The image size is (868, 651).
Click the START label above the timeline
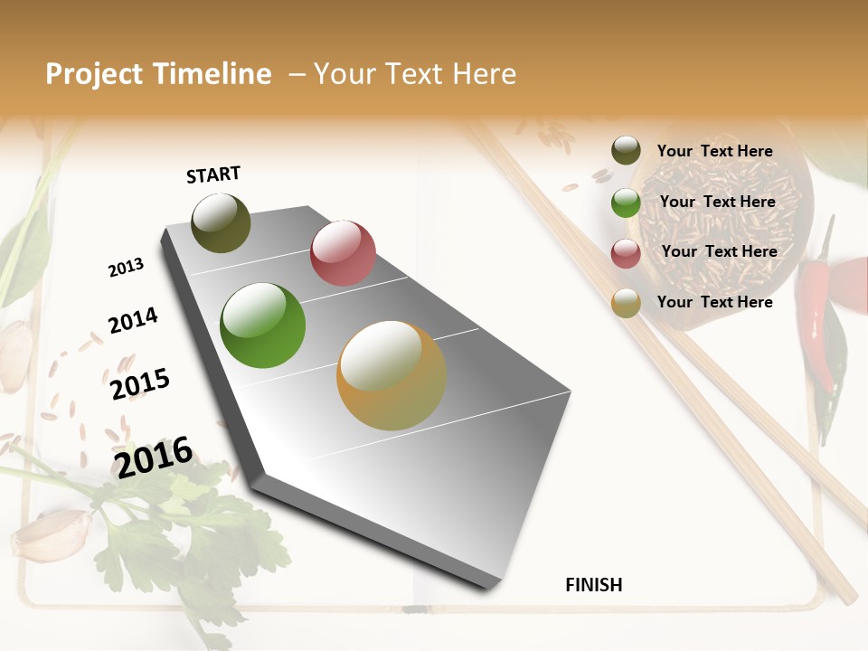coord(213,175)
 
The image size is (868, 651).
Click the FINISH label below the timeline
coord(593,585)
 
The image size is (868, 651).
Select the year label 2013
coord(126,268)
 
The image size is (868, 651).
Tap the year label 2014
coord(133,321)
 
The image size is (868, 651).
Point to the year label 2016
coord(154,457)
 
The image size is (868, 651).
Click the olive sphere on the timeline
coord(221,222)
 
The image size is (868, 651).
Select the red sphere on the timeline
coord(343,253)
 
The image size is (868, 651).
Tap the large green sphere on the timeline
coord(262,325)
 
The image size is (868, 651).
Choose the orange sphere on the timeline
coord(392,375)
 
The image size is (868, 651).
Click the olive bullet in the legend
coord(626,151)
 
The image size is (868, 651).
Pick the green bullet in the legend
coord(626,202)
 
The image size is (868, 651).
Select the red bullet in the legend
coord(626,252)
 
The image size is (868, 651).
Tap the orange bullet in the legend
coord(626,303)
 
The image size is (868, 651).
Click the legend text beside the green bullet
coord(717,202)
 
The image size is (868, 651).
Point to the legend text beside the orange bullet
coord(714,302)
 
